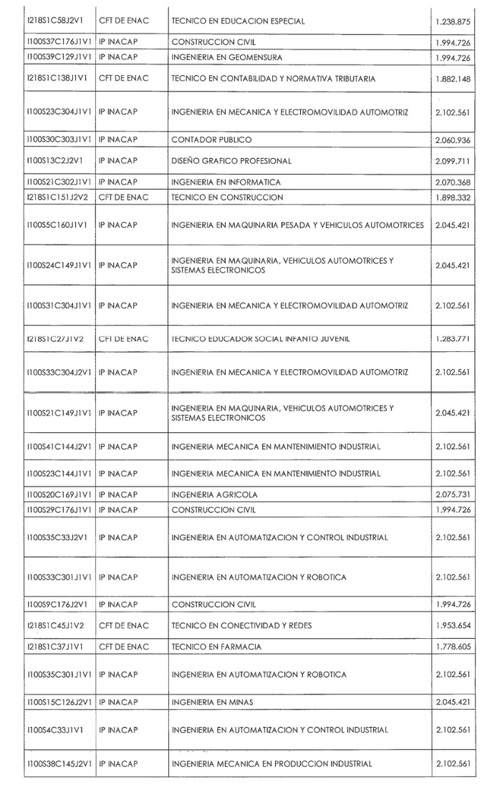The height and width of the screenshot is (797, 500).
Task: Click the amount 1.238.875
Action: [453, 21]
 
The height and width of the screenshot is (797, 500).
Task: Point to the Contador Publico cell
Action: [212, 140]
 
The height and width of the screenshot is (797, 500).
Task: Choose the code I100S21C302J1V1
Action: [59, 182]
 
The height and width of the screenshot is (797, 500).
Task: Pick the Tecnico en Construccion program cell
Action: [227, 197]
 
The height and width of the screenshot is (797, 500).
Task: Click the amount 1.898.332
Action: [453, 197]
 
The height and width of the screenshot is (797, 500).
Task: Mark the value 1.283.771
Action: [453, 338]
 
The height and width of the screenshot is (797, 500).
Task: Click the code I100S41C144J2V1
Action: [59, 447]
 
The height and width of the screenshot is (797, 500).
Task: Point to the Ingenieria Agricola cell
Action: [214, 494]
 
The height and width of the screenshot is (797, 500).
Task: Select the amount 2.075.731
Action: [453, 494]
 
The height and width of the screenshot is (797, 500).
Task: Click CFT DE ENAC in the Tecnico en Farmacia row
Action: [123, 647]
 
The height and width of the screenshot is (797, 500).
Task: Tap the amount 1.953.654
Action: [453, 625]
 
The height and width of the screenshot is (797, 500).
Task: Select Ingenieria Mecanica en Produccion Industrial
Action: [271, 764]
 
